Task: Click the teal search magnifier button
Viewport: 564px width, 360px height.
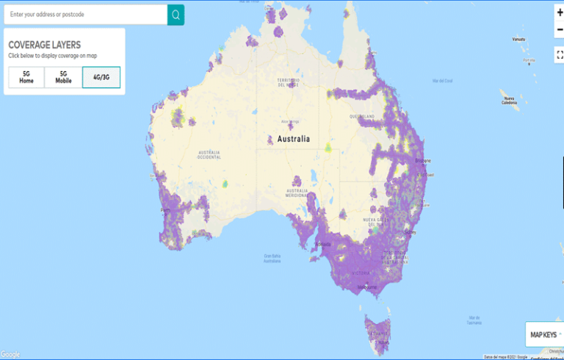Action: [x=176, y=15]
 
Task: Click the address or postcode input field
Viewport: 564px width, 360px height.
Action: [x=84, y=15]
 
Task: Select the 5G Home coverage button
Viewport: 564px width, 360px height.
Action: [x=26, y=77]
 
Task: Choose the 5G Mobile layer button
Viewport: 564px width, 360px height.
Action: [x=63, y=77]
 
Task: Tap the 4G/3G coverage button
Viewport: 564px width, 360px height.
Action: [x=101, y=77]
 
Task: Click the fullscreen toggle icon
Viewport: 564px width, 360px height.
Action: [x=560, y=54]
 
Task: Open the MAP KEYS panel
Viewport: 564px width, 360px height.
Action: [x=544, y=335]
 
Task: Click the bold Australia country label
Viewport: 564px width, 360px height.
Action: [x=293, y=139]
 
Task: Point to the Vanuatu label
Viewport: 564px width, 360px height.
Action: [x=519, y=38]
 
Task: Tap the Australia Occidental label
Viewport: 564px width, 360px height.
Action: [x=209, y=154]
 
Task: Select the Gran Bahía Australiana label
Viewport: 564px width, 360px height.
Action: [x=272, y=258]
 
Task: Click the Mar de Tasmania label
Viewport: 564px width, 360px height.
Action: [x=474, y=320]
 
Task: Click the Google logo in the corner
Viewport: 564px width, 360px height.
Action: [x=10, y=354]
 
